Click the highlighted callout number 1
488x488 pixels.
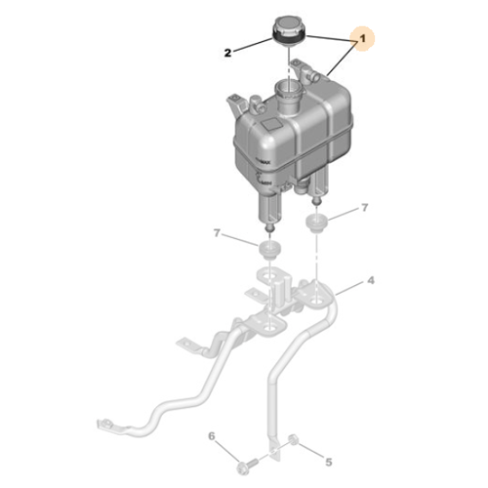366,39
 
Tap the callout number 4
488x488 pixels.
369,280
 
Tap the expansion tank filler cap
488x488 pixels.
291,28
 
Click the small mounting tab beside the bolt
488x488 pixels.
281,446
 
